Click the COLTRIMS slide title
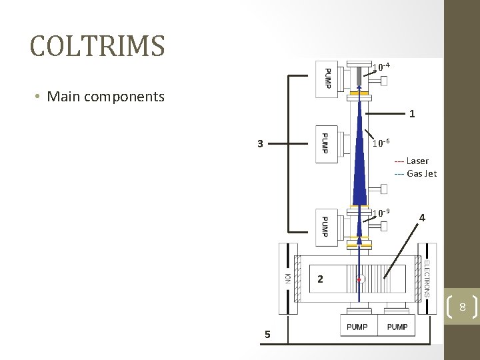point(97,45)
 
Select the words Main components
point(105,97)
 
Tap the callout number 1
point(413,114)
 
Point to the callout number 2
point(320,279)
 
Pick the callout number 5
point(267,334)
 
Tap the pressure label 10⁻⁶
point(381,143)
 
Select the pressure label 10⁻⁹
point(381,213)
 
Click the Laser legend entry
point(411,161)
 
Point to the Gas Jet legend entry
point(415,173)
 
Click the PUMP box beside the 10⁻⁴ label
point(327,79)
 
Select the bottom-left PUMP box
point(357,327)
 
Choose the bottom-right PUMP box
point(397,327)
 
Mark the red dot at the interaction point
point(359,280)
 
